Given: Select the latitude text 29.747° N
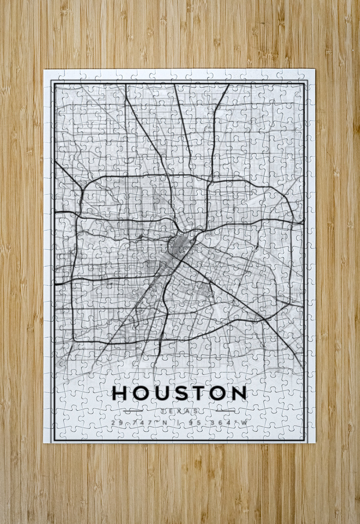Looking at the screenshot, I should (139, 423).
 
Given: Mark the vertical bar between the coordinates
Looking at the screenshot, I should (179, 423).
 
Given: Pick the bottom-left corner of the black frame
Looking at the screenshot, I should (53, 440).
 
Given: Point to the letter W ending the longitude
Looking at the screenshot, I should (244, 423).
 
